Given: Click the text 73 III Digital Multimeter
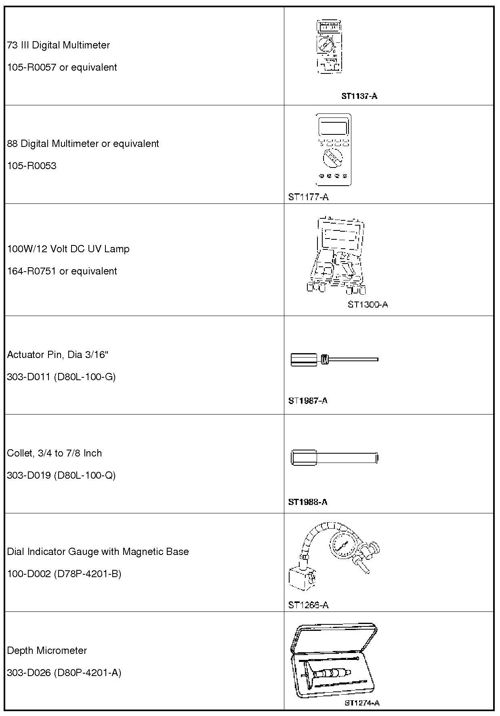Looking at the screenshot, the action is point(59,45).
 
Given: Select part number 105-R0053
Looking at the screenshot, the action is point(32,166).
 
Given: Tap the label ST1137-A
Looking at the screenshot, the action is point(359,96).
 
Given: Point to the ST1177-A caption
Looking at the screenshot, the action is point(308,197).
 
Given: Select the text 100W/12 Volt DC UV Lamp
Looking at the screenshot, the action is point(68,249).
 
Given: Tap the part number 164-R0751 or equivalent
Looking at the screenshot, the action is point(62,271).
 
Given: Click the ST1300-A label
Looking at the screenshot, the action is point(368,304).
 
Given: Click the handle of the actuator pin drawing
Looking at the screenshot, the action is point(304,359).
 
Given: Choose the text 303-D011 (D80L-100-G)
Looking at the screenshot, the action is point(61,377).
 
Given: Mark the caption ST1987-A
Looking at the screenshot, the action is point(308,401).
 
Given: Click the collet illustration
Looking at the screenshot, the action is point(334,458).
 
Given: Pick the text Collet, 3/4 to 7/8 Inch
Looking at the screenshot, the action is point(55,453).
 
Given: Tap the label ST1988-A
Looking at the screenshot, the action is point(308,502).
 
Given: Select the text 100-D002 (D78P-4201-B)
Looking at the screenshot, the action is point(64,574).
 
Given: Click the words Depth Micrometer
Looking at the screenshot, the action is point(47,650).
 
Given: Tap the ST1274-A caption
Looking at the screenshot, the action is point(362,703).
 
